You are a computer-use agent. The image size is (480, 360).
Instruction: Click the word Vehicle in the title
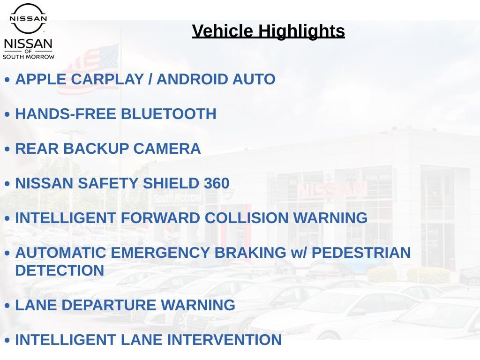click(223, 31)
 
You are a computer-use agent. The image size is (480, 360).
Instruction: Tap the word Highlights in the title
click(301, 31)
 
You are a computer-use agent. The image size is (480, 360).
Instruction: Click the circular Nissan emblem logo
click(28, 18)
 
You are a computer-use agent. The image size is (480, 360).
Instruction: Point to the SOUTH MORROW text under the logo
click(29, 57)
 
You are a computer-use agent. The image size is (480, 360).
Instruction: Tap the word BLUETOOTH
click(169, 114)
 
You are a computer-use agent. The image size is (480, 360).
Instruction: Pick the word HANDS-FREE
click(66, 114)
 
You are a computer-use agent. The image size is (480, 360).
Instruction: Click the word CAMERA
click(167, 149)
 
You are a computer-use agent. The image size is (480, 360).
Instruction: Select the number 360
click(217, 183)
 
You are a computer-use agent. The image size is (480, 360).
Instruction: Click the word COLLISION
click(247, 218)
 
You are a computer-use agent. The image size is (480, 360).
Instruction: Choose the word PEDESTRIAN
click(361, 253)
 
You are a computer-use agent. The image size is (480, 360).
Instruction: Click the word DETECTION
click(60, 270)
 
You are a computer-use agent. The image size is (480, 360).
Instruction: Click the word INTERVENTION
click(225, 340)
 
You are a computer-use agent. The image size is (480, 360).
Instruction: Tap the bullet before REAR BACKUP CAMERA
click(7, 149)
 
